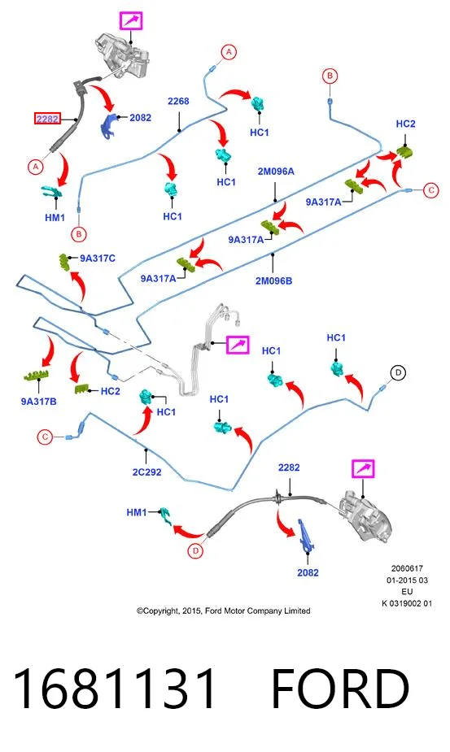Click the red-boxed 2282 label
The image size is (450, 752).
47,118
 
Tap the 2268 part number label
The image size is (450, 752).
178,101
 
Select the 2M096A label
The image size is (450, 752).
276,172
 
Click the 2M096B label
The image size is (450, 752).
273,280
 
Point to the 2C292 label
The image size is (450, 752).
147,472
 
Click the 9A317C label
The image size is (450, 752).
98,258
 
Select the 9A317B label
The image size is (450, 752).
38,402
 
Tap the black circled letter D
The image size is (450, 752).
398,372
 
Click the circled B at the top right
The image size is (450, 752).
330,76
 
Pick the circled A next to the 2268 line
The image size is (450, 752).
229,52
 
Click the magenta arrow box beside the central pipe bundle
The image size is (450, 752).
238,345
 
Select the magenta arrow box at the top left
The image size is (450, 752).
131,21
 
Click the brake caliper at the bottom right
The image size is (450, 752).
365,518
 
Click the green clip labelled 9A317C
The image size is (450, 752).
63,263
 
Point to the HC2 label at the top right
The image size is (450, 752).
406,124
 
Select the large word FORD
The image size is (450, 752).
340,689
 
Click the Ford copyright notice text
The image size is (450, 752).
223,611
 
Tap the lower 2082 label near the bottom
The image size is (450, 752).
308,572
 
